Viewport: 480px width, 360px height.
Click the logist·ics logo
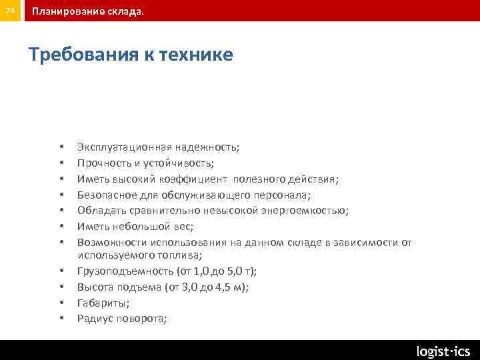(x=443, y=351)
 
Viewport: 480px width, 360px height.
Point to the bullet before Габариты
(x=61, y=303)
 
